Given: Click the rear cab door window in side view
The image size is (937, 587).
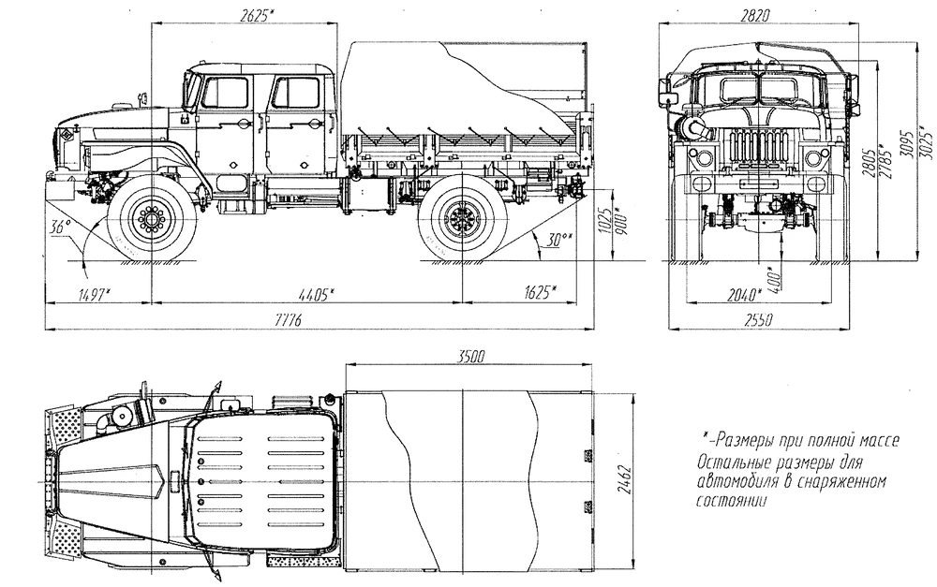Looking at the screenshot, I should click(x=296, y=93).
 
